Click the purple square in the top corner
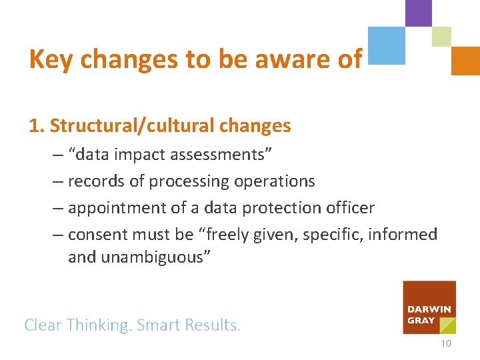419,13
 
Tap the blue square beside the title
387,45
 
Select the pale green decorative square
441,37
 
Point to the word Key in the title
50,59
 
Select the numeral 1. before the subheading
37,125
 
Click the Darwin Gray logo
429,307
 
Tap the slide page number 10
446,343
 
